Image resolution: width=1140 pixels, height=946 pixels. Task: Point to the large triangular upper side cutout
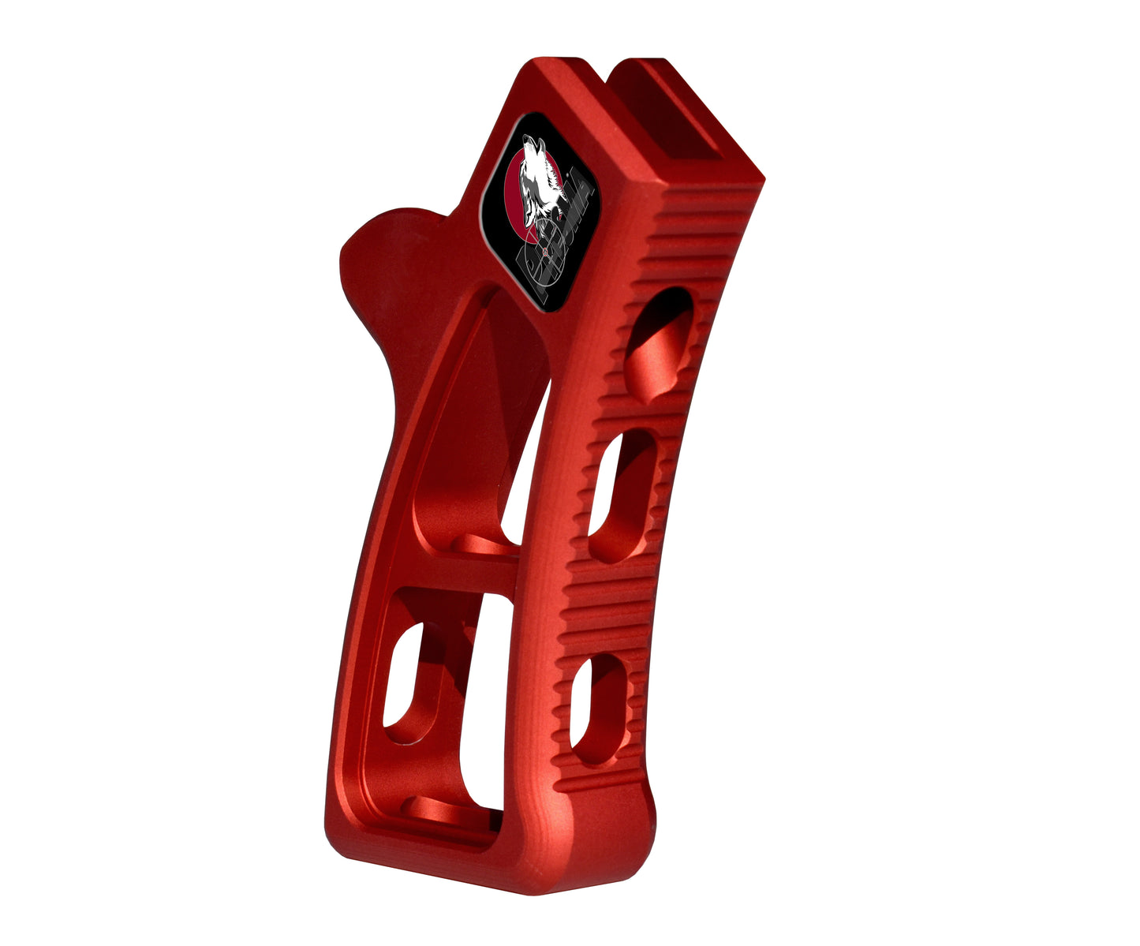[473, 418]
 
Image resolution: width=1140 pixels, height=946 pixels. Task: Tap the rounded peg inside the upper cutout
[481, 544]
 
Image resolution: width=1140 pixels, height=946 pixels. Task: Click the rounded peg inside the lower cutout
[442, 810]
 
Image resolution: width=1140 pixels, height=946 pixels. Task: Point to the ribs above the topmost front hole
[694, 237]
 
